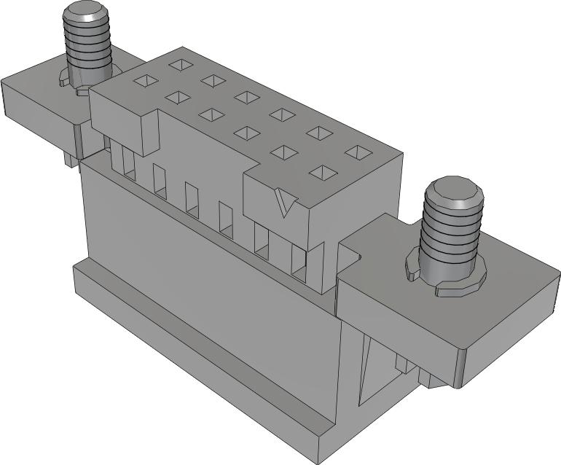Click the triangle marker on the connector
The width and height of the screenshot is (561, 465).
point(286,203)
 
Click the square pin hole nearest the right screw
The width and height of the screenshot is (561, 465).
point(358,152)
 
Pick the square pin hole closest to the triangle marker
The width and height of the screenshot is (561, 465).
point(321,172)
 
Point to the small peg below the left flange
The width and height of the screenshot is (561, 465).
point(70,157)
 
